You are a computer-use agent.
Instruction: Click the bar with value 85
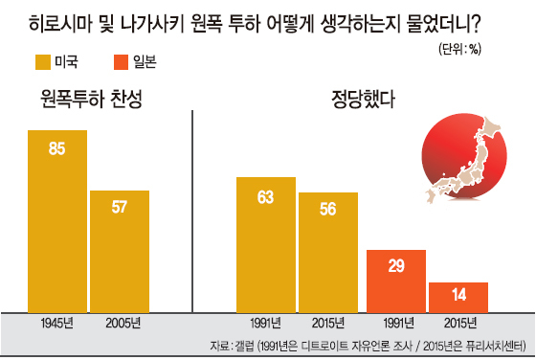pyautogui.click(x=57, y=221)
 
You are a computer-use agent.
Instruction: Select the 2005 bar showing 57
pyautogui.click(x=120, y=251)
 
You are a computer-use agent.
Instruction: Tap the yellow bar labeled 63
pyautogui.click(x=266, y=245)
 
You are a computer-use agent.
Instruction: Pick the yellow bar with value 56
pyautogui.click(x=328, y=253)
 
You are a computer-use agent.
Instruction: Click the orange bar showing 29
pyautogui.click(x=396, y=281)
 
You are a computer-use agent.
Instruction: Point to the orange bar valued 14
pyautogui.click(x=458, y=298)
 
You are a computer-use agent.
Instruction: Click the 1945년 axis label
pyautogui.click(x=56, y=323)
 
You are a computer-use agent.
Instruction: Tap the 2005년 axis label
pyautogui.click(x=123, y=323)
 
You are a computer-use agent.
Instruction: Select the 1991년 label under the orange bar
pyautogui.click(x=398, y=323)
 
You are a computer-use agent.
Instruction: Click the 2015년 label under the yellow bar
pyautogui.click(x=327, y=323)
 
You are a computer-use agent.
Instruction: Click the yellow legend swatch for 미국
pyautogui.click(x=43, y=62)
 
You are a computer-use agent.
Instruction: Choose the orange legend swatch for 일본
pyautogui.click(x=121, y=62)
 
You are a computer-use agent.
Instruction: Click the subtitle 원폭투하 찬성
pyautogui.click(x=91, y=100)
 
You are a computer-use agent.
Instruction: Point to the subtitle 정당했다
pyautogui.click(x=363, y=100)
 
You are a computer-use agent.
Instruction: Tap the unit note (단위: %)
pyautogui.click(x=459, y=49)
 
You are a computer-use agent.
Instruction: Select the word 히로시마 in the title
pyautogui.click(x=61, y=24)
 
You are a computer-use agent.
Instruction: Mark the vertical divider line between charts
pyautogui.click(x=192, y=212)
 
